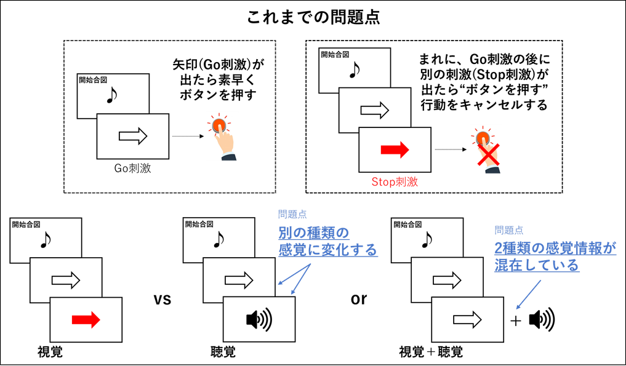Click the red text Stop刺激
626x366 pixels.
coord(395,182)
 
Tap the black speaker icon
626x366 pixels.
coord(259,319)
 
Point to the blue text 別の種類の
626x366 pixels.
coord(314,234)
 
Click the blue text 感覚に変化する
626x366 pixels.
coord(328,250)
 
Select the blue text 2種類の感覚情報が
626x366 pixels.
coord(555,248)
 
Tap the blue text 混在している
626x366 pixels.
coord(537,265)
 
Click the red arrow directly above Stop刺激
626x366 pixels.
coord(395,149)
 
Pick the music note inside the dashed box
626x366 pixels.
coord(111,95)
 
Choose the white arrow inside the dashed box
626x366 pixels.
coord(133,136)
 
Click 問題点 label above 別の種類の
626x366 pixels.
coord(292,215)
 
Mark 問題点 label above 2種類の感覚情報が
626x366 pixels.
coord(509,231)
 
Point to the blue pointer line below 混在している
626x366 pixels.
coord(528,294)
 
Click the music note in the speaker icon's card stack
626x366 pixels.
coord(217,239)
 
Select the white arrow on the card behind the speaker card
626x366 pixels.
coord(239,280)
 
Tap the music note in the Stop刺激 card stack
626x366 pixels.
coord(354,70)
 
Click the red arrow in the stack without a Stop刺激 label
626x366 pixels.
coord(86,319)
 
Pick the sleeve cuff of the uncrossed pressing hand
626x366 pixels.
coord(229,157)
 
